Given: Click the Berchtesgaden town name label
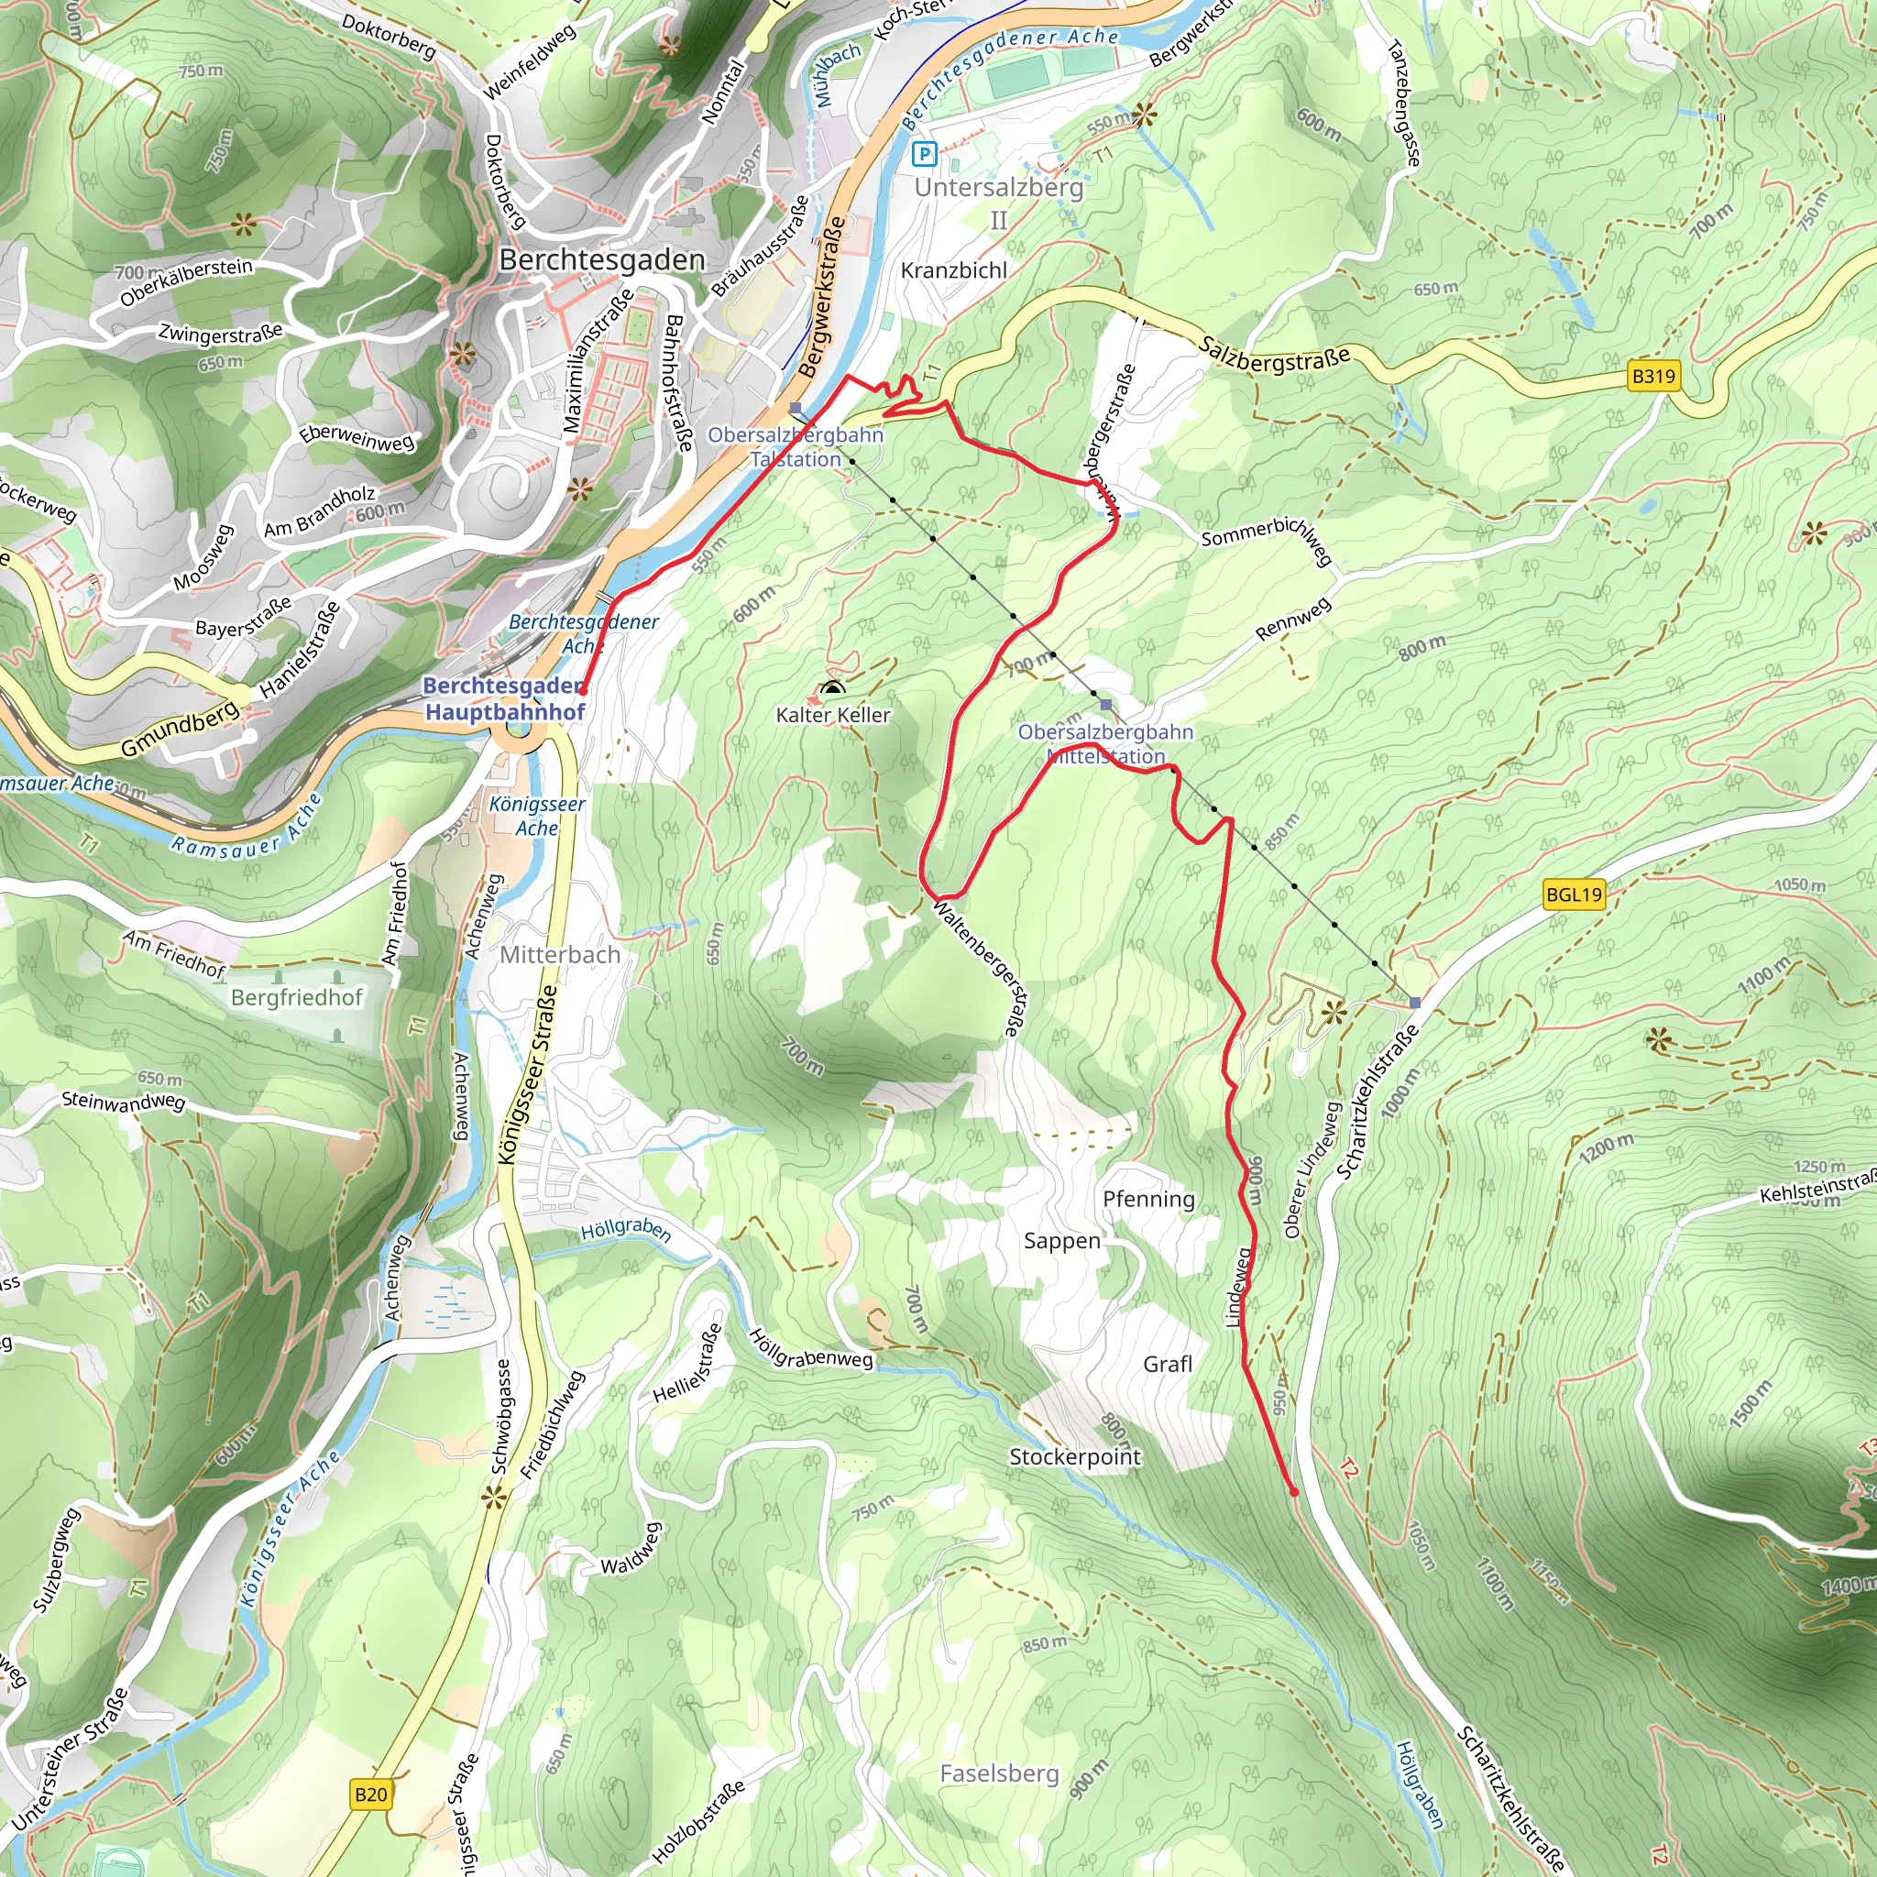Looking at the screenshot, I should [601, 260].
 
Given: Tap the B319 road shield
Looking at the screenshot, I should [1652, 376].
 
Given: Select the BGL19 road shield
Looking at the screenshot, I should [1573, 894].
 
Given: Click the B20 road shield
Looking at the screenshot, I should [370, 1795].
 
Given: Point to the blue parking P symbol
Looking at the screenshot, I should [924, 152].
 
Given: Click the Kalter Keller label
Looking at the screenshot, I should [832, 715].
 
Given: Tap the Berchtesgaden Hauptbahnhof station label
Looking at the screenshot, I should [504, 698].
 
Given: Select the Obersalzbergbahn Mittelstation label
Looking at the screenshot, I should [1104, 743].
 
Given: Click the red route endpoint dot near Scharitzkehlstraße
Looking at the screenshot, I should [1293, 1492].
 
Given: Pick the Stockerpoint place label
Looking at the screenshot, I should [1074, 1456].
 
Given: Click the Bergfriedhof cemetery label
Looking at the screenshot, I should [296, 998].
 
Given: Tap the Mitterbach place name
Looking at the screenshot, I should [560, 955].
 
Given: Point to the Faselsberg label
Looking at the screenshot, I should [999, 1773].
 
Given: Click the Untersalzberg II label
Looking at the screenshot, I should [999, 202].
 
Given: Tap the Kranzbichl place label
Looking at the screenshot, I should [953, 271].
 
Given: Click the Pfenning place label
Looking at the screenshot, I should [1148, 1199].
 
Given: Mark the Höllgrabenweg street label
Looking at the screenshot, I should [811, 1350].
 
